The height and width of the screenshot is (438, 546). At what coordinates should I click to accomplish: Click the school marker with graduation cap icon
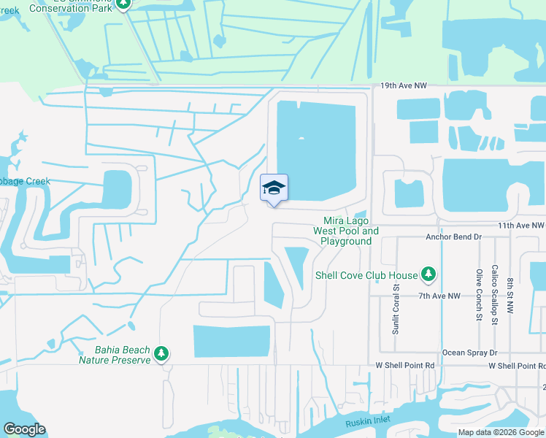coord(274,188)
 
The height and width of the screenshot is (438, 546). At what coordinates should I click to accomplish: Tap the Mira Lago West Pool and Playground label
coord(346,231)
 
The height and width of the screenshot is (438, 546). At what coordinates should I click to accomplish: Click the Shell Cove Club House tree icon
coord(429,275)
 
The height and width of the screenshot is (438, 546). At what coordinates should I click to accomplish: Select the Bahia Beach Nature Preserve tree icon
coord(161,354)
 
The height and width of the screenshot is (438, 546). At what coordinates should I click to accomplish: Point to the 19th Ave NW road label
coord(403,86)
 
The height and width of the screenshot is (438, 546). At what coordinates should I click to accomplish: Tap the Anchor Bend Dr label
coord(454,237)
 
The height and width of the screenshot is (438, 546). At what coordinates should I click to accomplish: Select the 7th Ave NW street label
coord(439,296)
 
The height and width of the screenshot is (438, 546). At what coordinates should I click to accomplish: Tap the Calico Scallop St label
coord(495,294)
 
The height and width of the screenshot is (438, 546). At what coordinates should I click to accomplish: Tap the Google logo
coord(24,429)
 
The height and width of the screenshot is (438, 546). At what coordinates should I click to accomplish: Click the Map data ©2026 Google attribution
coord(500,432)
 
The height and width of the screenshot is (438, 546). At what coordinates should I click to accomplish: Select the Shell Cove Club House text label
coord(366,275)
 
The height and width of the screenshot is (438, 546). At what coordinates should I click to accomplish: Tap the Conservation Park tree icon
coord(123,4)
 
